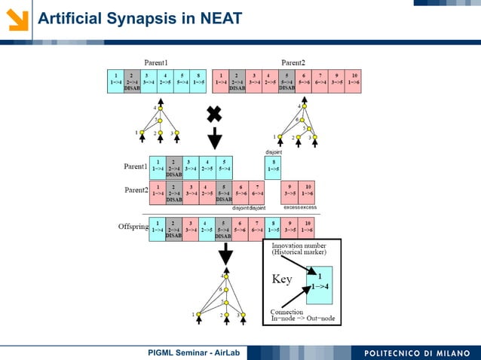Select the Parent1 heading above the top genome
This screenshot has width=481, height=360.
(156, 62)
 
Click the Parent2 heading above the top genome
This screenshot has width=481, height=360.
(293, 62)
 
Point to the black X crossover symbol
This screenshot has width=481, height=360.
(214, 114)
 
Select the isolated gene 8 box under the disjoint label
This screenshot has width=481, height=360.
(274, 166)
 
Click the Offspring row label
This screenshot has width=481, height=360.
(132, 227)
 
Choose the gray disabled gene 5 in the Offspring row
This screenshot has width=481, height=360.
(224, 228)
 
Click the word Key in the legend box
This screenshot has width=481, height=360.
(282, 279)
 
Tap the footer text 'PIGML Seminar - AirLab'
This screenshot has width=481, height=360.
(193, 352)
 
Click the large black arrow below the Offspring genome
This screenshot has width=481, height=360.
(225, 255)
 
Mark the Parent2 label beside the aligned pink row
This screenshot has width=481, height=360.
(136, 189)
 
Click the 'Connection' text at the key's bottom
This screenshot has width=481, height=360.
(287, 312)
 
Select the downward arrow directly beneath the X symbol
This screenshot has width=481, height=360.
(215, 138)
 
